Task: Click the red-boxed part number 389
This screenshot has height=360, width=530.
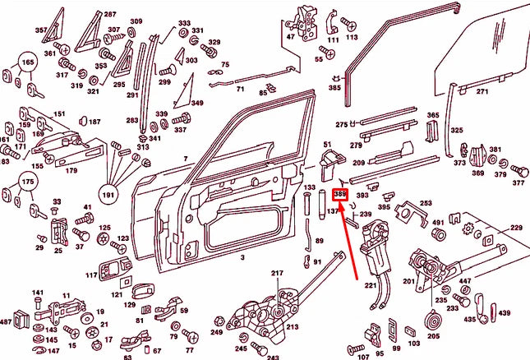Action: point(340,195)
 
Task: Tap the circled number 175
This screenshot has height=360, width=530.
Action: point(27,180)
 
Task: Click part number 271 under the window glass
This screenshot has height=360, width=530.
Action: point(482,91)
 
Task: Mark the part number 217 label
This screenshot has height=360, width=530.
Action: point(277,273)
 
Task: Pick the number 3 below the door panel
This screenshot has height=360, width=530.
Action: point(242,257)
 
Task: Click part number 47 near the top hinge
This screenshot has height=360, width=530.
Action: point(290,38)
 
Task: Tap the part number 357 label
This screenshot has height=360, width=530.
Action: point(40,30)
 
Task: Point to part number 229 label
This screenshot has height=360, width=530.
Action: point(515,227)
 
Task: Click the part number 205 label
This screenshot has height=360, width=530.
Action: point(433,335)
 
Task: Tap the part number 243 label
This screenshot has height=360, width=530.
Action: point(273,357)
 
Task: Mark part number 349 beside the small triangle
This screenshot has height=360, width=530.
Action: point(197,103)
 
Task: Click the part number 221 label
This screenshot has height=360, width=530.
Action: point(371,285)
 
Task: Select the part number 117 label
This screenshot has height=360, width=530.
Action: point(91,275)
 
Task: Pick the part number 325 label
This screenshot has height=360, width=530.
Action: point(456,131)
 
